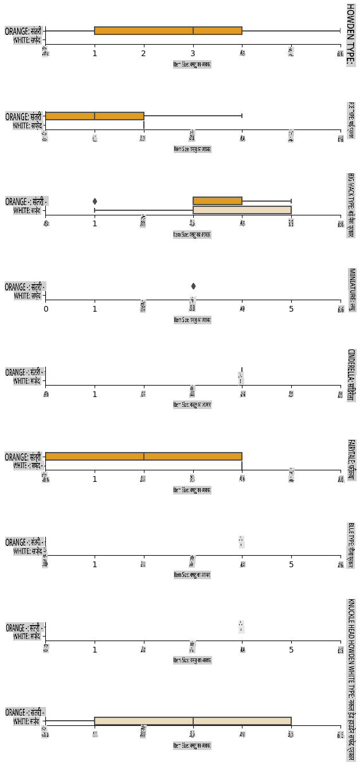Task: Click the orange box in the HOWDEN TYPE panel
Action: [x=168, y=30]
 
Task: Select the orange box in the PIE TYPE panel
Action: [x=95, y=116]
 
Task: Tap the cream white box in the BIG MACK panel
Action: [x=242, y=210]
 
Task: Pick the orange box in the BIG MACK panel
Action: [x=217, y=201]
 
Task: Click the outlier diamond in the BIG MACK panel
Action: [x=95, y=201]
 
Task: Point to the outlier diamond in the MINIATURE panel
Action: [x=193, y=286]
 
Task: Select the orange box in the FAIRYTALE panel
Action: [x=143, y=457]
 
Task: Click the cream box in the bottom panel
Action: [x=193, y=721]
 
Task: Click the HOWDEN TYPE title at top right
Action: [x=350, y=34]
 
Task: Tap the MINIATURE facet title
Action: [x=351, y=289]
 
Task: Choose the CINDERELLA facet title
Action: [x=351, y=375]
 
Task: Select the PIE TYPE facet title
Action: [x=351, y=120]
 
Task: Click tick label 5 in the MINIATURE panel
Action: [x=291, y=309]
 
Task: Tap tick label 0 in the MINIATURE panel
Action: [x=46, y=309]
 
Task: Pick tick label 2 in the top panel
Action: [x=144, y=54]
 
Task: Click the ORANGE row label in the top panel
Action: [x=23, y=31]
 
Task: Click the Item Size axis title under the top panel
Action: [x=193, y=64]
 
